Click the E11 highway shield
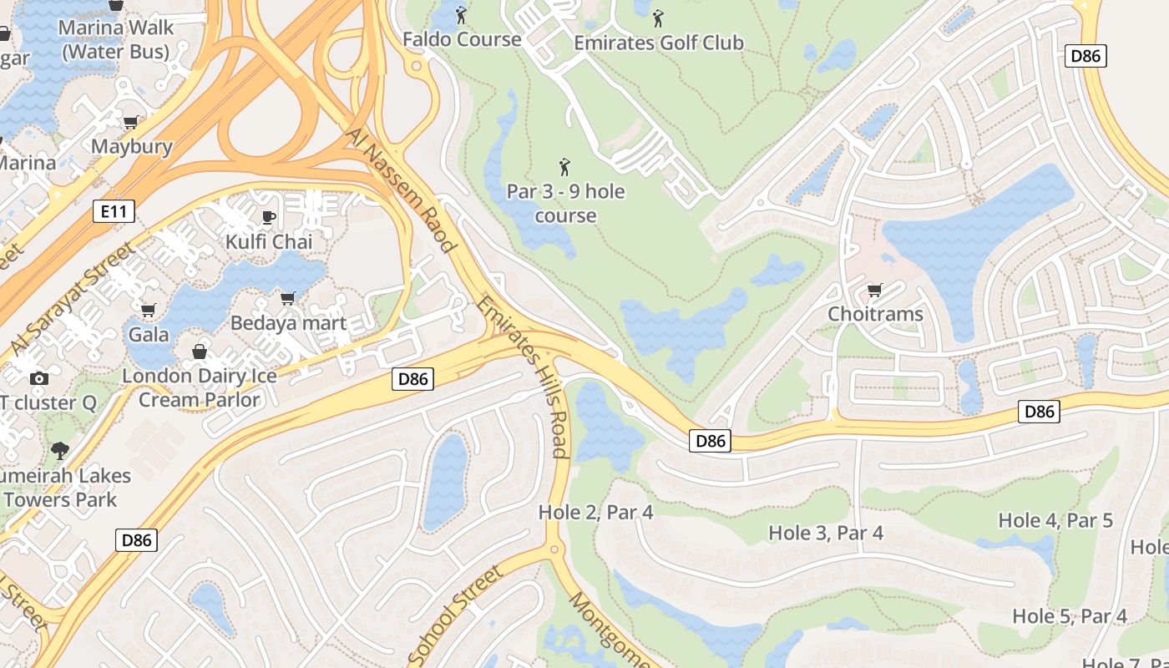(113, 212)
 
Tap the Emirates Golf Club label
(659, 42)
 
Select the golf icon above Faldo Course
(461, 15)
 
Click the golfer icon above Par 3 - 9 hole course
(565, 167)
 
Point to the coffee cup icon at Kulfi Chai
(268, 218)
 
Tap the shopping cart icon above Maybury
(131, 123)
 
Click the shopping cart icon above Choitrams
(874, 291)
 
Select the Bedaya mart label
(288, 322)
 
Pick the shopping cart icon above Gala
(149, 311)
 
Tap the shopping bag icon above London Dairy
(200, 352)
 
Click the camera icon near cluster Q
(38, 379)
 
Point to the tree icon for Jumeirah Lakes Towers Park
(59, 452)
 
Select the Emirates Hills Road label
(524, 376)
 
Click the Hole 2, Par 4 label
(595, 512)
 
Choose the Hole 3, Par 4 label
(825, 532)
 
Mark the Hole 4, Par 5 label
(1055, 520)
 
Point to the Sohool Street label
(455, 616)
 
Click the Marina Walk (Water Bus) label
(117, 39)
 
